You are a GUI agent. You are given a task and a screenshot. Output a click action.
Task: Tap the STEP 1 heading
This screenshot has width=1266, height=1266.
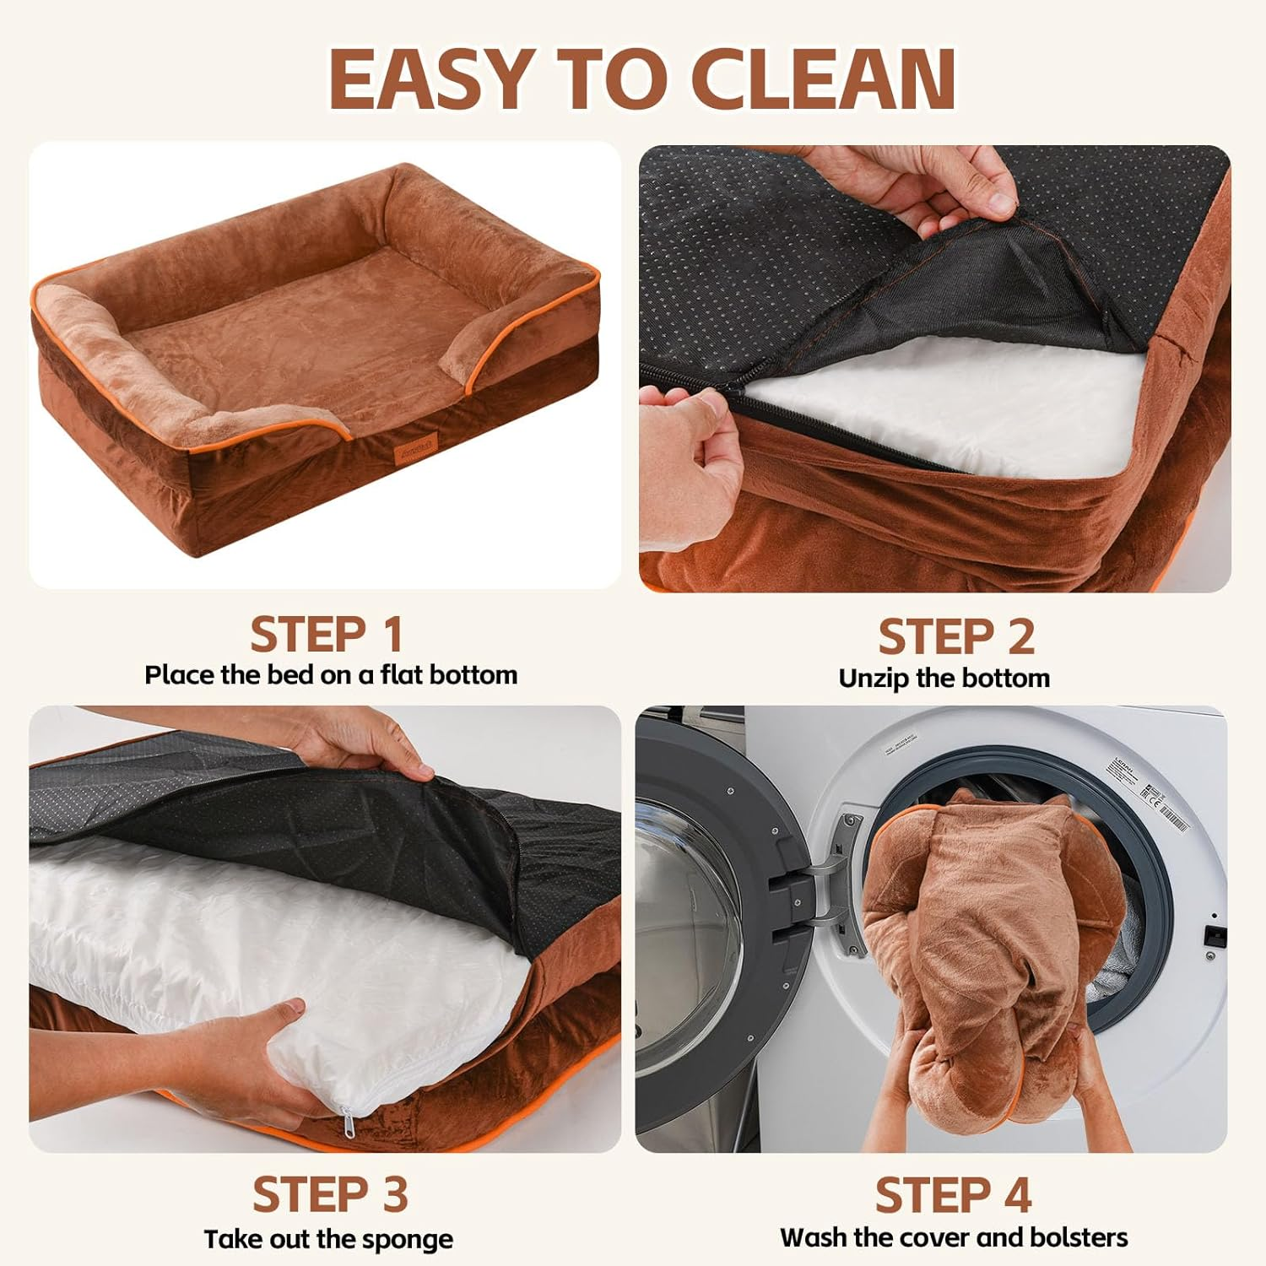pos(326,635)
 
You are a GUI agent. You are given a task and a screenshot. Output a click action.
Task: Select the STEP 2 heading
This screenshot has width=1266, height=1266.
pos(955,637)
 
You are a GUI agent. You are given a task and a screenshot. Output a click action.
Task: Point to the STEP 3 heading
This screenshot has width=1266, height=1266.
pos(330,1195)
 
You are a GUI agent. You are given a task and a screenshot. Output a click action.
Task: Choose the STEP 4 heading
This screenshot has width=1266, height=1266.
pos(953,1195)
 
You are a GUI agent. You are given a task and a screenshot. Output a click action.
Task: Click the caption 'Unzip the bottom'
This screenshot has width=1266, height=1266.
pos(944,678)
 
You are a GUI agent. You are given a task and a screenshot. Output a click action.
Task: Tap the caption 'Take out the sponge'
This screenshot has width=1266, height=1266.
pos(328,1239)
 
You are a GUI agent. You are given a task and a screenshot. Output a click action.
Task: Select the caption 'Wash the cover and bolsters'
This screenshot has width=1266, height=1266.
pos(954,1237)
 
